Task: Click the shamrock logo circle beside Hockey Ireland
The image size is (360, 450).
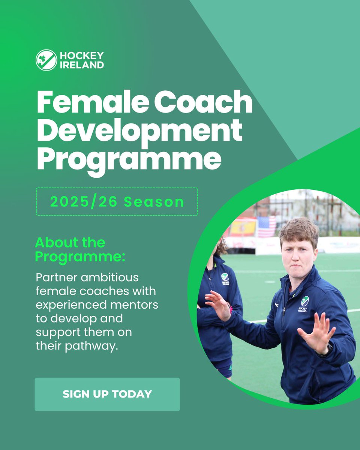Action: pyautogui.click(x=46, y=60)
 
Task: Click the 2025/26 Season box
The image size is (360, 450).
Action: pyautogui.click(x=117, y=202)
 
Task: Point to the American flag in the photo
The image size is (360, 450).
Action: pyautogui.click(x=267, y=226)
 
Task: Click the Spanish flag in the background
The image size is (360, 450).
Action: pyautogui.click(x=243, y=227)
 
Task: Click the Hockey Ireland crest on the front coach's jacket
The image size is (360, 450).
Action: pyautogui.click(x=304, y=302)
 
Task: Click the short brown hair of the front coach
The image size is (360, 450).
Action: pyautogui.click(x=298, y=229)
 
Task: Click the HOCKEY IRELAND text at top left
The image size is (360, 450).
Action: pyautogui.click(x=81, y=60)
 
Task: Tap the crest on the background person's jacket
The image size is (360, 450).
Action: pyautogui.click(x=225, y=277)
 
